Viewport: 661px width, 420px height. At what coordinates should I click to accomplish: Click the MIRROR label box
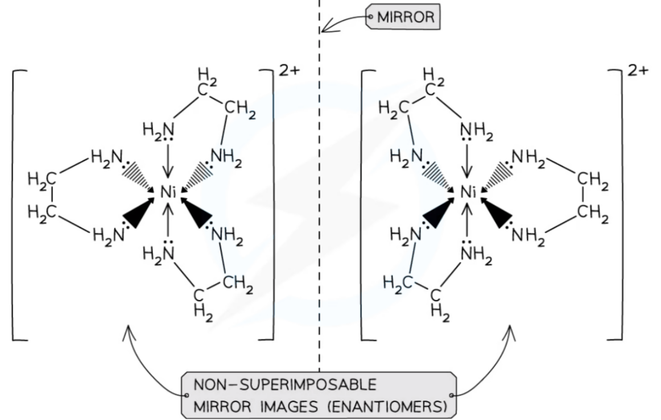(404, 17)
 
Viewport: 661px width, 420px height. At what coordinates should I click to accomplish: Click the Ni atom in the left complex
(168, 193)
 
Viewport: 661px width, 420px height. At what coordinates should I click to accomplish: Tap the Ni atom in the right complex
(468, 193)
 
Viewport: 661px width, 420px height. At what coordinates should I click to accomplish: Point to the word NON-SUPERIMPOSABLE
(284, 385)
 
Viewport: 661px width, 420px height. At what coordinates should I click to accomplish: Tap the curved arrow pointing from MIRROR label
(341, 23)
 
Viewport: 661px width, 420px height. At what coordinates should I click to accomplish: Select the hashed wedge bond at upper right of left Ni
(198, 175)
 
